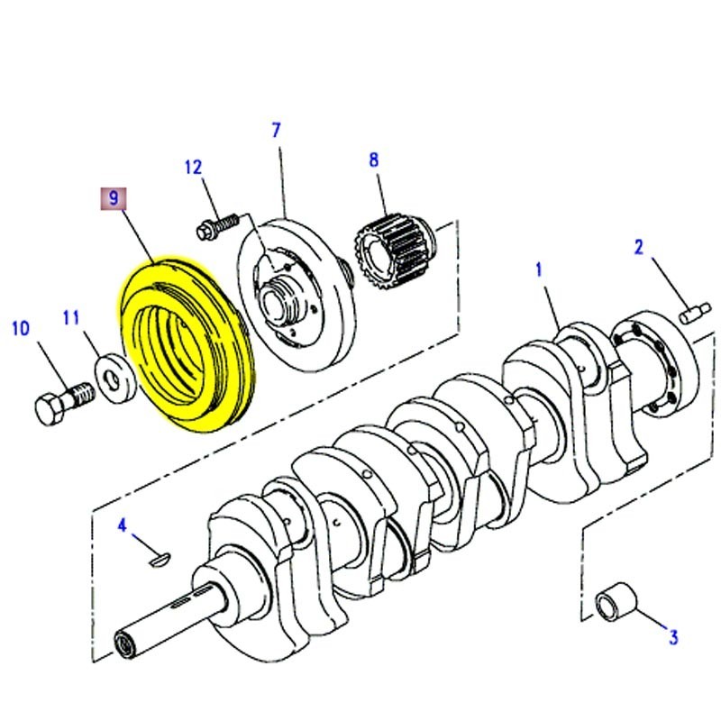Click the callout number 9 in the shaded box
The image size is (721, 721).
[114, 199]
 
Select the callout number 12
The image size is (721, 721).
[194, 167]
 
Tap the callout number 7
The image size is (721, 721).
[277, 131]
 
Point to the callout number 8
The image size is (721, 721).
[373, 161]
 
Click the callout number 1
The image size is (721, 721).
[539, 269]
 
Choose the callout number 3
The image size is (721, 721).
[671, 638]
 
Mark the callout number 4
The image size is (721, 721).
[123, 525]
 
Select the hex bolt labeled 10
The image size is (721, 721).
[59, 406]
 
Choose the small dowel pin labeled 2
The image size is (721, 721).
[692, 315]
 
